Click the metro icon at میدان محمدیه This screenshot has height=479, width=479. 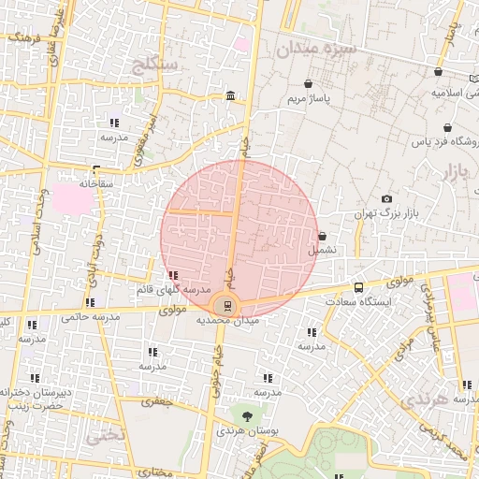coord(225,305)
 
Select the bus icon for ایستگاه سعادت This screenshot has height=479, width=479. coord(359,287)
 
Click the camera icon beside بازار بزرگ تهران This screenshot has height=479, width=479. coord(387,198)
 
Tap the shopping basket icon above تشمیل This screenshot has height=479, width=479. coord(323,237)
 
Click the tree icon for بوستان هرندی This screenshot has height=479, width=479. coord(246,415)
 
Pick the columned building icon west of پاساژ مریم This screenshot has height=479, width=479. coord(230,96)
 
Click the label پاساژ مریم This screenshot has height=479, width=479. coord(307,97)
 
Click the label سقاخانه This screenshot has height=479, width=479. coord(95,183)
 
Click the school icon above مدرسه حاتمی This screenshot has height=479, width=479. coord(90,302)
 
